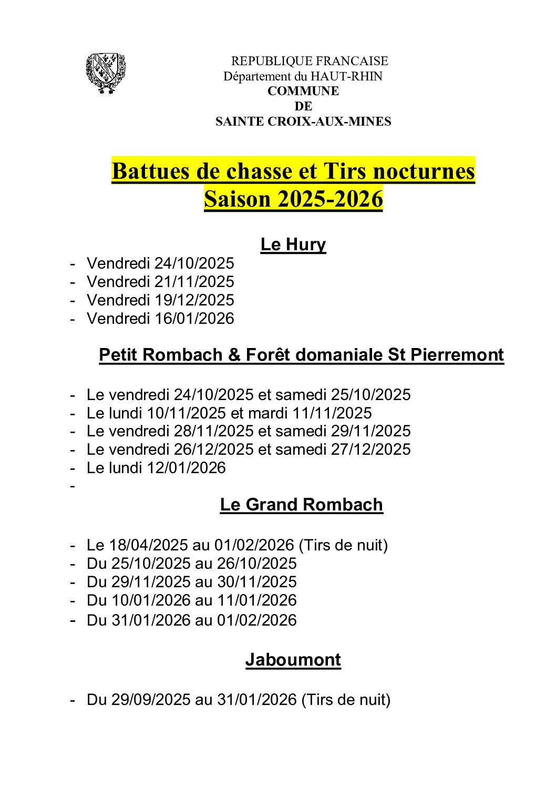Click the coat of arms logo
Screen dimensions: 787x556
(x=106, y=73)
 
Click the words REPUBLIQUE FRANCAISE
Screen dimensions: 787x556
(x=310, y=61)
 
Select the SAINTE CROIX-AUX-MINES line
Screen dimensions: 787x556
(x=303, y=121)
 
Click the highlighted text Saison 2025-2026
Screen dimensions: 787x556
(x=293, y=199)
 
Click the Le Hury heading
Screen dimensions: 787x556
(x=293, y=244)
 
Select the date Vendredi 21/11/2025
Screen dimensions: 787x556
(x=160, y=282)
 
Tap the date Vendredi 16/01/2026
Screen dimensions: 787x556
(x=160, y=319)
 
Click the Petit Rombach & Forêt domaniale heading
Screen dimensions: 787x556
(x=301, y=355)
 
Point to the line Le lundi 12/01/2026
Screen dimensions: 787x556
(x=156, y=468)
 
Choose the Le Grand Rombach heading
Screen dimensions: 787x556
(x=301, y=505)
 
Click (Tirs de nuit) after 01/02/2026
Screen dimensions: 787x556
(x=343, y=545)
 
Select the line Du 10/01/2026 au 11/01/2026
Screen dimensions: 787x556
(x=191, y=600)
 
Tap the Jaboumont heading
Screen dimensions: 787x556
(x=293, y=660)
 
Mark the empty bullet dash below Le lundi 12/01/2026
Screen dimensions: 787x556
(x=73, y=486)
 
